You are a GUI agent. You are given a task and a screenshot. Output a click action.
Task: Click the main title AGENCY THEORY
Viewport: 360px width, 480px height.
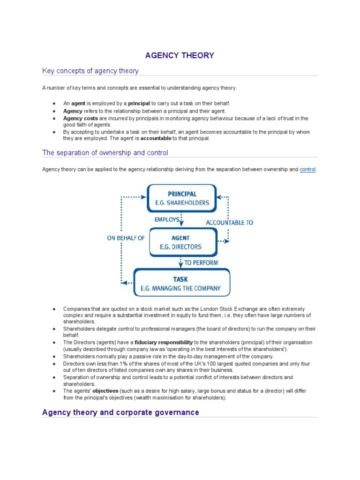click(x=180, y=55)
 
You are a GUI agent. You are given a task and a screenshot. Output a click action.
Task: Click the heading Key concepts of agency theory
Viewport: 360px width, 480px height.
click(x=90, y=71)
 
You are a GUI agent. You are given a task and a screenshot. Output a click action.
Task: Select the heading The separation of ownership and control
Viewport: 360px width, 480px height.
click(x=105, y=153)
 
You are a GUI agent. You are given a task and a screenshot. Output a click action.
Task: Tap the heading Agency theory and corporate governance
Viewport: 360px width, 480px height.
click(x=120, y=412)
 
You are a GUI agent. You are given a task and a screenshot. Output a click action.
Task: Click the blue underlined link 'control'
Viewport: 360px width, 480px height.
click(x=307, y=169)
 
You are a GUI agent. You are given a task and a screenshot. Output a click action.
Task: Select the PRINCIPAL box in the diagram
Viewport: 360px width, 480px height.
click(x=182, y=198)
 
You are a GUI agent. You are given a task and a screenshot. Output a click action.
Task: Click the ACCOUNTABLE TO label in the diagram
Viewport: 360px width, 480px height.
click(x=229, y=223)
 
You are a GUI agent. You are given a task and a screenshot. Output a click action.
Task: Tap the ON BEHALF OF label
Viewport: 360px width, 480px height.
click(x=126, y=238)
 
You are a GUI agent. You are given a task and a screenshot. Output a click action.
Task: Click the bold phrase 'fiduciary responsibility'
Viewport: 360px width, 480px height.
click(x=164, y=343)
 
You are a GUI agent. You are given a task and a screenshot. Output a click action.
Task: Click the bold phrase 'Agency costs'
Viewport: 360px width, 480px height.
click(x=81, y=119)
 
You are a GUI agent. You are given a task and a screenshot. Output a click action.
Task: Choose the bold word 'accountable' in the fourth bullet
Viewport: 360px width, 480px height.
click(x=156, y=138)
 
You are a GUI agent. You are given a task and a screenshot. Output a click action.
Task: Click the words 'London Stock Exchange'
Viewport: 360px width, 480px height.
click(x=233, y=309)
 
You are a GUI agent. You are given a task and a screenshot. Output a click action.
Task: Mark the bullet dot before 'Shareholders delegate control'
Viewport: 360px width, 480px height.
click(x=54, y=329)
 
